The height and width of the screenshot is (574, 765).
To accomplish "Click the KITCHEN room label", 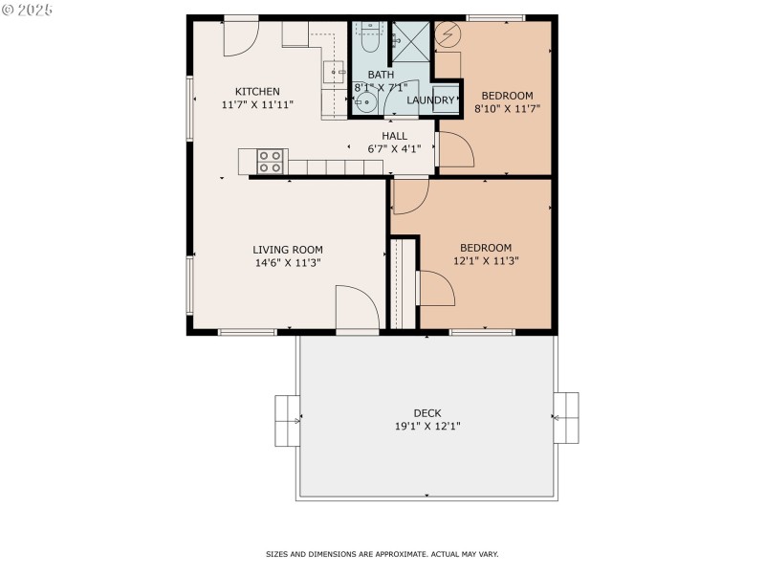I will pos(257,92).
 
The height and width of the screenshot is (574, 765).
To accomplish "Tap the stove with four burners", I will pos(271,162).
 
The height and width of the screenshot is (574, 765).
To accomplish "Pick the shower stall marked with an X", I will pos(411,41).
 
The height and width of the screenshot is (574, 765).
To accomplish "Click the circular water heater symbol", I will pos(447,34).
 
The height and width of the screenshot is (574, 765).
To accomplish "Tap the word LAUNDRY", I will pos(429,100).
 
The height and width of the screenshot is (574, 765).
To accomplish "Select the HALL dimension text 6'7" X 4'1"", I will pos(394,149).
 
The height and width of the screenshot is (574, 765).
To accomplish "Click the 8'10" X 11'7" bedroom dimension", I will pos(507,109).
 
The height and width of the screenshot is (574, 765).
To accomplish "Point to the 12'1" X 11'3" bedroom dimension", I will pos(485,260).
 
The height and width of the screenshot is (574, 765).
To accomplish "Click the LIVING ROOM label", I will pos(287,250).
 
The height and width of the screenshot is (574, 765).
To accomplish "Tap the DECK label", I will pos(427,413).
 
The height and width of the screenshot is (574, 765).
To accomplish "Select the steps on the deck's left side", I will pos(287,419).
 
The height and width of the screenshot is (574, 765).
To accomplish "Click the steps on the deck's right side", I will pos(566,418).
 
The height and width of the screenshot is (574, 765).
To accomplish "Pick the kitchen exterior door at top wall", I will pos(240,34).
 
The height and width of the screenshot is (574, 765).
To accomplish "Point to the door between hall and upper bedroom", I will pos(454,150).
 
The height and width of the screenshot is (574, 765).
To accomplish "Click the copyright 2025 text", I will pos(28,9).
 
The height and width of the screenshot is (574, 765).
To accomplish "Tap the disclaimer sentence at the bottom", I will pos(382,554).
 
